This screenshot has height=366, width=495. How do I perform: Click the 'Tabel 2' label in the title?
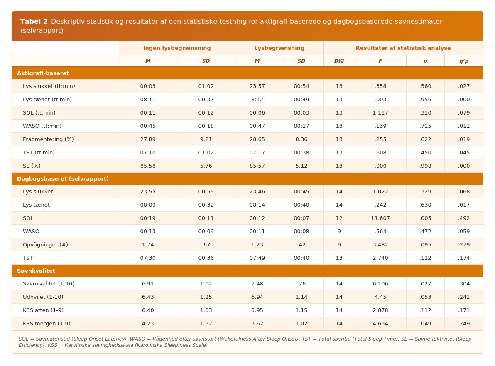click(x=34, y=22)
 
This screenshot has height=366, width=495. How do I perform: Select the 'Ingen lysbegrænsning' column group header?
click(x=177, y=48)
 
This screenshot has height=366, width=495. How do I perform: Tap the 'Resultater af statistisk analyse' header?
click(x=403, y=48)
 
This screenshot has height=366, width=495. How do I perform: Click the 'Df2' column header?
click(x=339, y=61)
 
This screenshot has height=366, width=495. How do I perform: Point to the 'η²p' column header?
click(x=464, y=61)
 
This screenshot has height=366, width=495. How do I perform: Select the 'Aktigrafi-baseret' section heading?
click(x=43, y=73)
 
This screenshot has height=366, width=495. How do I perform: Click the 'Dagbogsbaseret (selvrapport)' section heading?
click(x=63, y=178)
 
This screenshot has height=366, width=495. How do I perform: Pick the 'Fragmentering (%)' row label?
click(x=48, y=139)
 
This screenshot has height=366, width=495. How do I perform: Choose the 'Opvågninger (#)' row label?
click(x=45, y=244)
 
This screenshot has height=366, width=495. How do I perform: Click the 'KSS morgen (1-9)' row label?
click(x=47, y=323)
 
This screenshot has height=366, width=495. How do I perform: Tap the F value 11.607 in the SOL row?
click(x=380, y=218)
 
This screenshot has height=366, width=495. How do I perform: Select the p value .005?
click(x=425, y=218)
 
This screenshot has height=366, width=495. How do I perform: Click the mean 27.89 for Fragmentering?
click(x=148, y=139)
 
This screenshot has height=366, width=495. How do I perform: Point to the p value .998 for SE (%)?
click(x=425, y=166)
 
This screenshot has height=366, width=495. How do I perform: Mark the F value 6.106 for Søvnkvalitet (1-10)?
click(x=380, y=284)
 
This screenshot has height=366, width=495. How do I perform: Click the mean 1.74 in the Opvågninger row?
click(x=148, y=244)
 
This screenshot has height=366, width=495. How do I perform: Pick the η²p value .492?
click(x=464, y=218)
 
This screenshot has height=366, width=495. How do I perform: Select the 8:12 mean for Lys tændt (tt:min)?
click(x=257, y=100)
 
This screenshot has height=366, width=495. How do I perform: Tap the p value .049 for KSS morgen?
click(x=425, y=323)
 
